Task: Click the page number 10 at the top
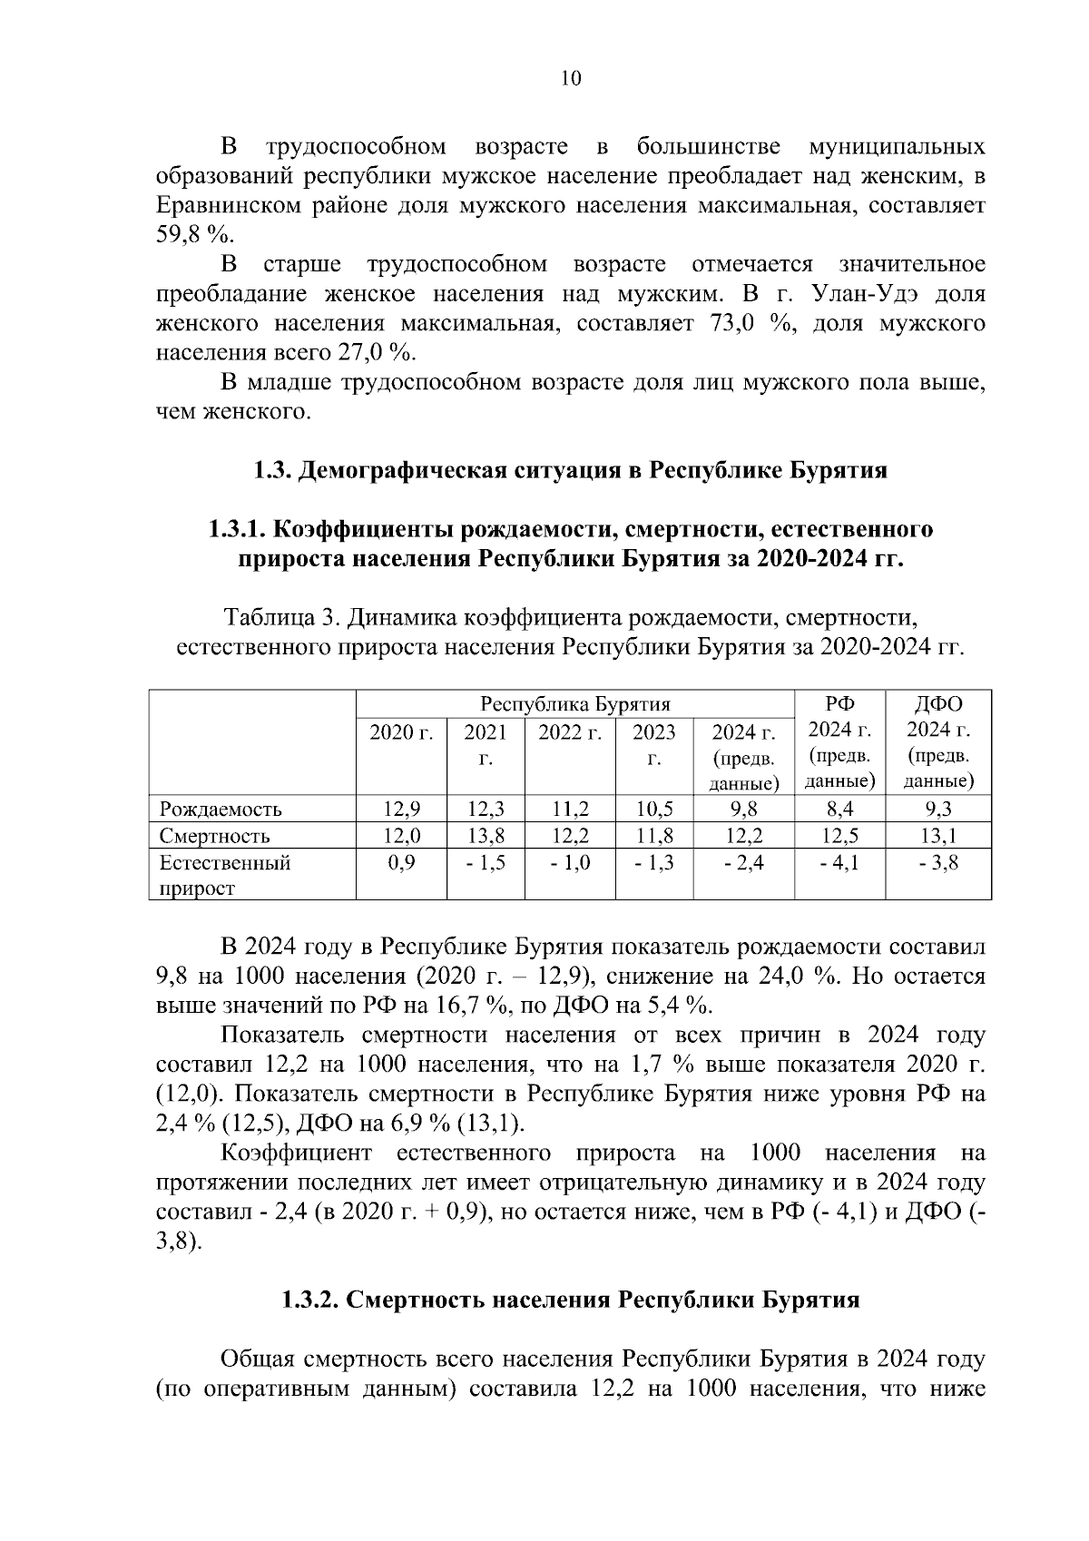point(571,78)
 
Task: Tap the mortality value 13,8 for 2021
point(486,835)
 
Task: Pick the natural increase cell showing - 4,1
point(839,862)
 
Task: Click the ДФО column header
point(939,704)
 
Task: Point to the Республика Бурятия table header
point(574,704)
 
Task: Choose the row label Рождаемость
point(221,809)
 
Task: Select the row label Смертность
point(215,835)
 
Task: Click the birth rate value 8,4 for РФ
point(839,809)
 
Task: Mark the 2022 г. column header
point(570,731)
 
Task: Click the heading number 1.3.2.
point(310,1300)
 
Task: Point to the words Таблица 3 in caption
point(279,619)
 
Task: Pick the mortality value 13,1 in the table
point(939,835)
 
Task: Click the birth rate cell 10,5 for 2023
point(653,809)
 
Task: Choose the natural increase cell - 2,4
point(743,862)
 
